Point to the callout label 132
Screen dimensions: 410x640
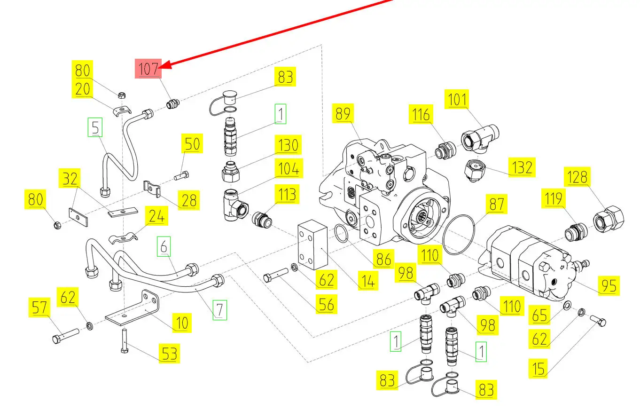point(522,167)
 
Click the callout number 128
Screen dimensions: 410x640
point(577,177)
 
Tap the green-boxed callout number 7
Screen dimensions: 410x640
point(219,309)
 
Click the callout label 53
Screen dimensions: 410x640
point(169,354)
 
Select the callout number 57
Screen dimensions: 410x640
point(39,307)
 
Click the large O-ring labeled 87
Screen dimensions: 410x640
point(459,235)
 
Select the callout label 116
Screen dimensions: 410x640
point(421,114)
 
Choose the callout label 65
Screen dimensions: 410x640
point(539,315)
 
